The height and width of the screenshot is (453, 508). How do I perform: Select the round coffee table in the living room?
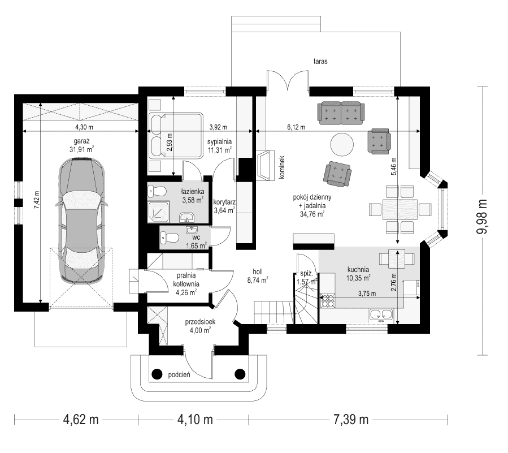point(342,144)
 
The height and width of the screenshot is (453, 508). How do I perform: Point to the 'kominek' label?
point(281,167)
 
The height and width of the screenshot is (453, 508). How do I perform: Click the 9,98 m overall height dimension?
point(483,221)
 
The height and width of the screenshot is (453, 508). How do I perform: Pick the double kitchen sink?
point(380,314)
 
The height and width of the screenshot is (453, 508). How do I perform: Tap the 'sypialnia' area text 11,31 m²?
point(220,150)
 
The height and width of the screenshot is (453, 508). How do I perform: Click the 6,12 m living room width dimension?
point(295,128)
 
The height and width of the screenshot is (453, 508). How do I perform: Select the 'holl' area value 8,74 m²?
point(257,279)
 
